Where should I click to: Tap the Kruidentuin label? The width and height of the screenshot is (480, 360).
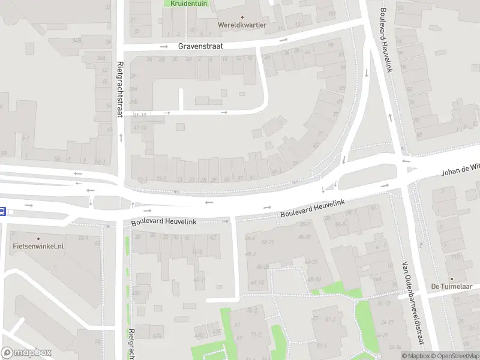(x=188, y=4)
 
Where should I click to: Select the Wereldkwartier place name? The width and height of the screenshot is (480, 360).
(x=242, y=26)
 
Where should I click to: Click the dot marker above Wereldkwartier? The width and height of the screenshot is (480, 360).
(x=242, y=17)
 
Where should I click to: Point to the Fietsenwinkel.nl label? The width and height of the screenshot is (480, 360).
(x=38, y=247)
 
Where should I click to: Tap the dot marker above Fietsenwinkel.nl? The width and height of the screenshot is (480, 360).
(x=38, y=238)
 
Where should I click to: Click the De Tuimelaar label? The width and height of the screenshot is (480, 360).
(x=452, y=287)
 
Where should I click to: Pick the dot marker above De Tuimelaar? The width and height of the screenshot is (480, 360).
(x=452, y=278)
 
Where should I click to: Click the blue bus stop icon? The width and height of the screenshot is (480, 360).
(x=3, y=211)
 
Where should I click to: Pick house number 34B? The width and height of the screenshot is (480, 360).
(x=76, y=40)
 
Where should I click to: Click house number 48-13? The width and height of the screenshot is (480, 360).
(x=257, y=282)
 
